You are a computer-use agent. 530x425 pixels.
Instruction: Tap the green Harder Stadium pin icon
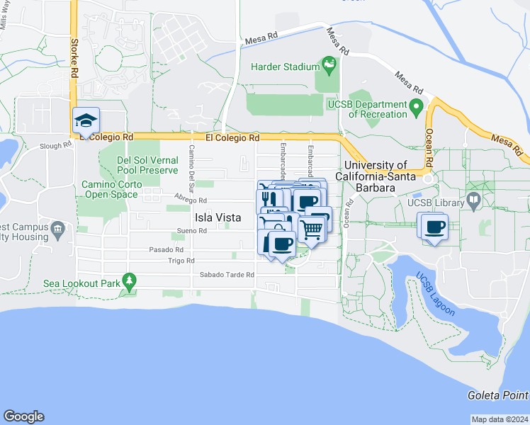pos(329,66)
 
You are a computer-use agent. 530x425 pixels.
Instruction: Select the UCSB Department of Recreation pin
pos(417,109)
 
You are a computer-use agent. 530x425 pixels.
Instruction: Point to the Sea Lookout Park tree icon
pos(128,281)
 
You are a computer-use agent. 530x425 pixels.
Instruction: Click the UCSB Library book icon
pos(473,202)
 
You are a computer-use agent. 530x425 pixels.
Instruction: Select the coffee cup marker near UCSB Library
pos(434,227)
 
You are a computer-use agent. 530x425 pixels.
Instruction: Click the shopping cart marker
pos(312,228)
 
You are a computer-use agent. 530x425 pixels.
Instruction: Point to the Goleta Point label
pos(499,395)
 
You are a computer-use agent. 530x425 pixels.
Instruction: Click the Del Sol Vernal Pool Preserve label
pos(147,165)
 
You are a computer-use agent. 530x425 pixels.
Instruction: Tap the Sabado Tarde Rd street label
pos(226,275)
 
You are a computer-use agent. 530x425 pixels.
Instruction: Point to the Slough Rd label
pos(56,145)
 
